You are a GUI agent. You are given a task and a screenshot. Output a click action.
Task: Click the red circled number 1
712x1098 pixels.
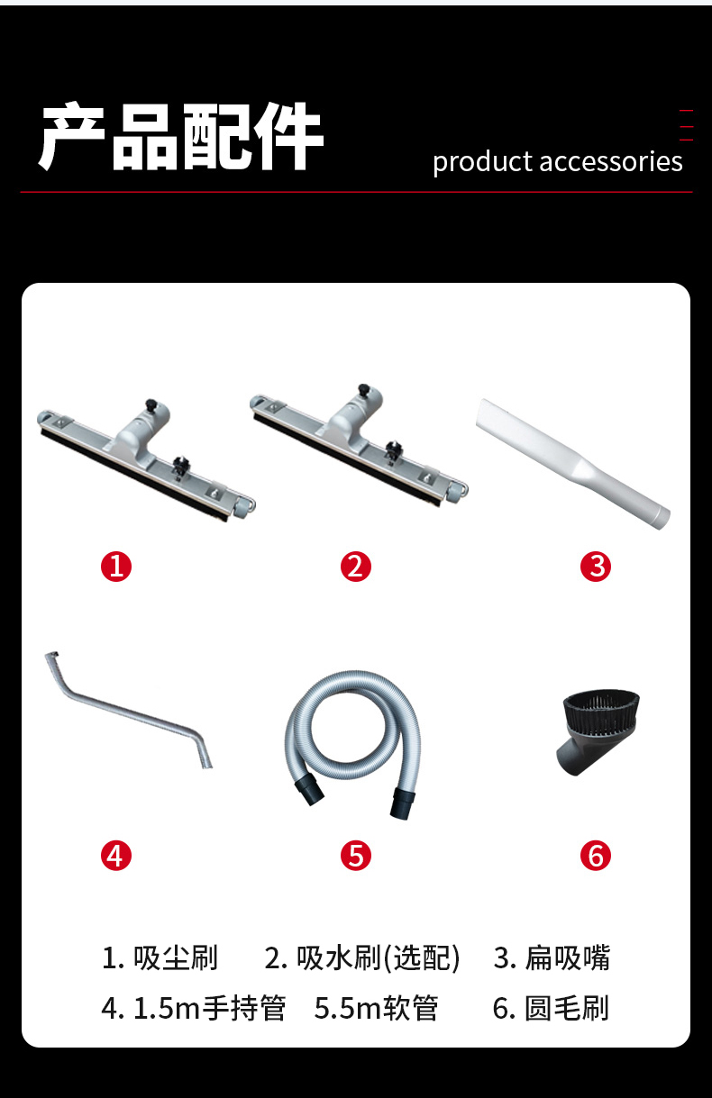pos(116,567)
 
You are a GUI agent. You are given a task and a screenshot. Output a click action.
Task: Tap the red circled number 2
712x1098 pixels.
pos(356,567)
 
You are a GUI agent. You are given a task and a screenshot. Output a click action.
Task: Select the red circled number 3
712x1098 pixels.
pos(596,567)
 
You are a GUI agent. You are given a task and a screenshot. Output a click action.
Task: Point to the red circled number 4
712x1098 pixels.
pos(116,856)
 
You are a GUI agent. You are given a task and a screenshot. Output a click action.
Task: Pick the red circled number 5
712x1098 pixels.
pos(356,856)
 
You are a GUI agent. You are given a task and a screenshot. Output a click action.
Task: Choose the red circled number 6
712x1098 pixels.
pos(596,856)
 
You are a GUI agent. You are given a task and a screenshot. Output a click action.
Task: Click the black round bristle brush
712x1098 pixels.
pos(598,730)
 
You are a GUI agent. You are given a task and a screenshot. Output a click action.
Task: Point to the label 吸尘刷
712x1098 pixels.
pos(175,957)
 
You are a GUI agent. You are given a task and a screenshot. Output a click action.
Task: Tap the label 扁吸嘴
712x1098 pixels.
pos(567,957)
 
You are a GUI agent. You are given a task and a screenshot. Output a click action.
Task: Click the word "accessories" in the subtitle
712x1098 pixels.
pos(611,162)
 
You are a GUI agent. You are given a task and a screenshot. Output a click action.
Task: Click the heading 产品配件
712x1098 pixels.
pos(180,136)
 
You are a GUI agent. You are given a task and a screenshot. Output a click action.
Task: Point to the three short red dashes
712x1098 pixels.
pos(687,125)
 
